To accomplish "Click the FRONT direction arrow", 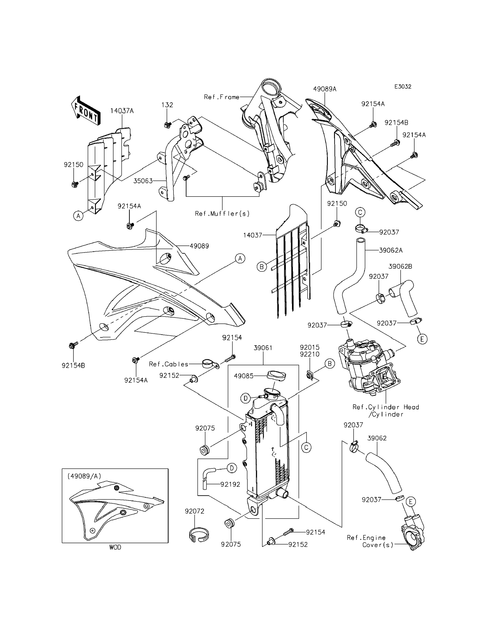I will [x=86, y=111].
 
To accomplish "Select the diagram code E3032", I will [x=403, y=86].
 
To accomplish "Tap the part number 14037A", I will [x=122, y=111].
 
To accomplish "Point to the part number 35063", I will [x=143, y=181].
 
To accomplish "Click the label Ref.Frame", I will [x=222, y=97].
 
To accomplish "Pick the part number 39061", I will [x=263, y=348].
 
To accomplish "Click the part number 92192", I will [x=230, y=484].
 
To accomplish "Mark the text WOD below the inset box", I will [x=115, y=548].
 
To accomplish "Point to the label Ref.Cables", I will [x=168, y=364].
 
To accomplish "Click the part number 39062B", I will [x=400, y=266].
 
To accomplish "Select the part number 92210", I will [x=310, y=354].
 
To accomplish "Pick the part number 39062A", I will [x=391, y=250].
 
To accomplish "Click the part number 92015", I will [x=310, y=347].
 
